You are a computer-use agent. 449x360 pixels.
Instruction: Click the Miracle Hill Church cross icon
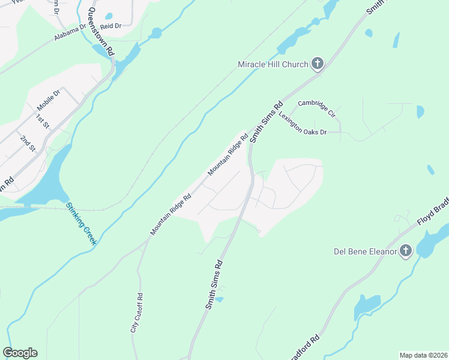point(317,64)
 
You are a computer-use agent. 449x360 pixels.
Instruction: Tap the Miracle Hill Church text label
point(273,64)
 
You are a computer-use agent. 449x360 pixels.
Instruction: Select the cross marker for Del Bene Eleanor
point(406,251)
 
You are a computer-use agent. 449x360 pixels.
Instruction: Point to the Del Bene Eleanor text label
point(366,251)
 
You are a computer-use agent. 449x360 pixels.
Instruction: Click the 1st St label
point(42,121)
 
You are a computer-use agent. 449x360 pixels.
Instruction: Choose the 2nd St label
point(28,143)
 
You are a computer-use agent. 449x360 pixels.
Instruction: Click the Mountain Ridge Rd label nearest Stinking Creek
point(170,214)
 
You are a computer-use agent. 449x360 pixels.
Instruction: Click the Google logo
point(20,353)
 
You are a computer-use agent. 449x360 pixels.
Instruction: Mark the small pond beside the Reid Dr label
point(109,17)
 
